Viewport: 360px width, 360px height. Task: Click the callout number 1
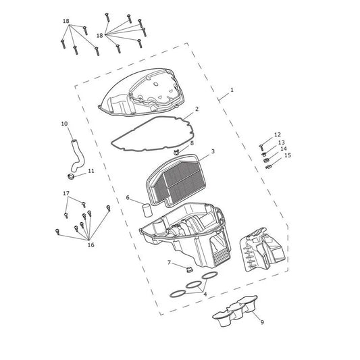[x=232, y=90]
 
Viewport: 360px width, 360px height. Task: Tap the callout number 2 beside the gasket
[x=197, y=109]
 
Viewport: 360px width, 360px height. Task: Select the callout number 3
[x=213, y=151]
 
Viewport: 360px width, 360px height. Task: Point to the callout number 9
[x=262, y=322]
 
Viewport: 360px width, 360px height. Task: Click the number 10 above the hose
[x=65, y=124]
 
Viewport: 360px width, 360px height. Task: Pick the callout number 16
[x=91, y=245]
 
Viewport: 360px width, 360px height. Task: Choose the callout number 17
[x=66, y=194]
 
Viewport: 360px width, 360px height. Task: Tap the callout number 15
[x=288, y=155]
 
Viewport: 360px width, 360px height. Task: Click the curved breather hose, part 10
[x=76, y=156]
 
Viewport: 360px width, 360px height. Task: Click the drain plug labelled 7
[x=189, y=269]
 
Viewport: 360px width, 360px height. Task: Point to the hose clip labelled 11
[x=71, y=177]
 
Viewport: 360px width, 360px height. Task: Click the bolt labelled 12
[x=261, y=147]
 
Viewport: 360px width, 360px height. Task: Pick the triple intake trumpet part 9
[x=235, y=311]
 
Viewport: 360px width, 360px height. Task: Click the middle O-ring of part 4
[x=193, y=285]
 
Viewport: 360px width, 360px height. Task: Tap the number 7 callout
[x=170, y=262]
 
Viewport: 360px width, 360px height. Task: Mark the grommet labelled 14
[x=266, y=160]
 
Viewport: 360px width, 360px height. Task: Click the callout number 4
[x=205, y=294]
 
